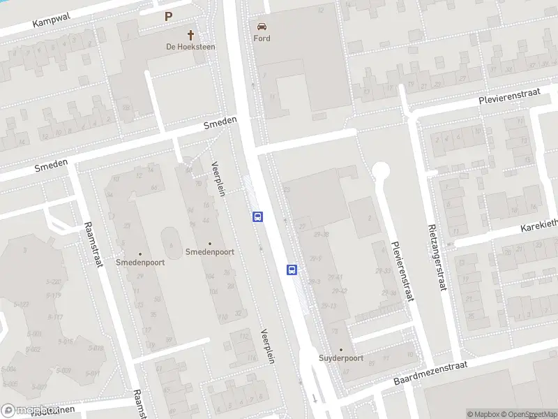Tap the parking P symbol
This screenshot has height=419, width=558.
click(168, 16)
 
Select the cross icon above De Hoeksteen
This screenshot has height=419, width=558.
click(190, 34)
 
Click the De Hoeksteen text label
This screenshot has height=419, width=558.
click(190, 47)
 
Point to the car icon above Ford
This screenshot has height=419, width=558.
click(262, 26)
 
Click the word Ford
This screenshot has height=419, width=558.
click(262, 38)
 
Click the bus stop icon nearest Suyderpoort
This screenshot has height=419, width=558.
click(292, 270)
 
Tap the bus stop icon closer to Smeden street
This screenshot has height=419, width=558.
click(257, 216)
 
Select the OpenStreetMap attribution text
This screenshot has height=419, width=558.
click(527, 414)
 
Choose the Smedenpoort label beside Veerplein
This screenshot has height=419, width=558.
click(210, 251)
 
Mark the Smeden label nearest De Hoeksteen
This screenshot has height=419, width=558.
click(220, 124)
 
